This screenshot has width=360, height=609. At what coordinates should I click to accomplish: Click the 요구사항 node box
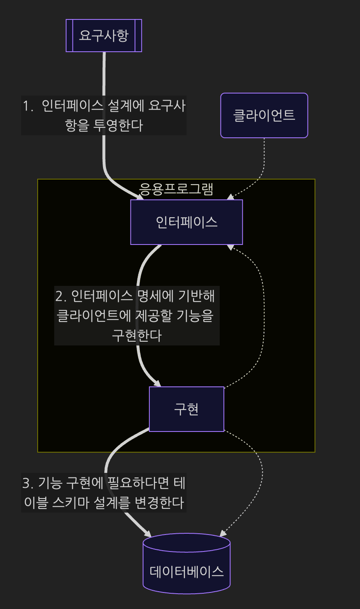pyautogui.click(x=104, y=36)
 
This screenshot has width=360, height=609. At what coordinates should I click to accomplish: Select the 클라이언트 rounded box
pyautogui.click(x=264, y=115)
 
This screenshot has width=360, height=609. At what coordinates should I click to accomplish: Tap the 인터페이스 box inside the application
pyautogui.click(x=187, y=222)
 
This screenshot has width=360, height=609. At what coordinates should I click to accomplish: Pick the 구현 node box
pyautogui.click(x=187, y=409)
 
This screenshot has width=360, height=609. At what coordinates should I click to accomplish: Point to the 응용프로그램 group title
pyautogui.click(x=176, y=189)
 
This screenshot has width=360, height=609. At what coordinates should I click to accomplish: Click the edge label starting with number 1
pyautogui.click(x=104, y=115)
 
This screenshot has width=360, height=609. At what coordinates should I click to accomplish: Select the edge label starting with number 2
pyautogui.click(x=137, y=316)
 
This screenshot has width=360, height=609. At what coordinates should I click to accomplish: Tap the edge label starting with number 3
pyautogui.click(x=104, y=493)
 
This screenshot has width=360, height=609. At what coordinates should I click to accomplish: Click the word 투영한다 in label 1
pyautogui.click(x=118, y=125)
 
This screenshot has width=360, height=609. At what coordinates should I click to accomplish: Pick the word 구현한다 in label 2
pyautogui.click(x=137, y=336)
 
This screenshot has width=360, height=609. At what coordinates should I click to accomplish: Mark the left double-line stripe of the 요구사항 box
pyautogui.click(x=70, y=36)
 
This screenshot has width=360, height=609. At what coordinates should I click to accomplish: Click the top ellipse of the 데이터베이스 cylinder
pyautogui.click(x=187, y=542)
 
